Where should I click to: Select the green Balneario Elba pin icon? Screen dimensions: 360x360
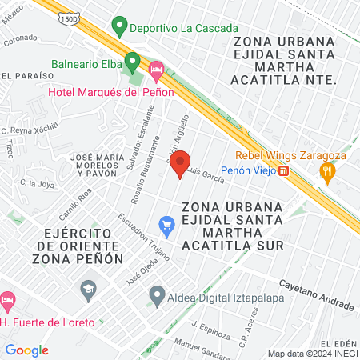click(133, 62)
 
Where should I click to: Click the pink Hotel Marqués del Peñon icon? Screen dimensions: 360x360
click(157, 72)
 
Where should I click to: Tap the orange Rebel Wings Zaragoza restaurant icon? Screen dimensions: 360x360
click(326, 171)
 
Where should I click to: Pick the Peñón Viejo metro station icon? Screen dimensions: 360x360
click(283, 170)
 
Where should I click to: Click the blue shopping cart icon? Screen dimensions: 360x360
click(166, 226)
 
